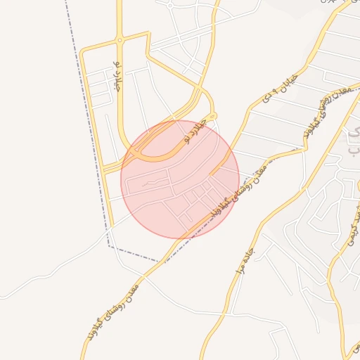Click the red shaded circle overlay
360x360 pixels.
180,179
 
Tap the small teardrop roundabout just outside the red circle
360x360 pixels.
213,116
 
